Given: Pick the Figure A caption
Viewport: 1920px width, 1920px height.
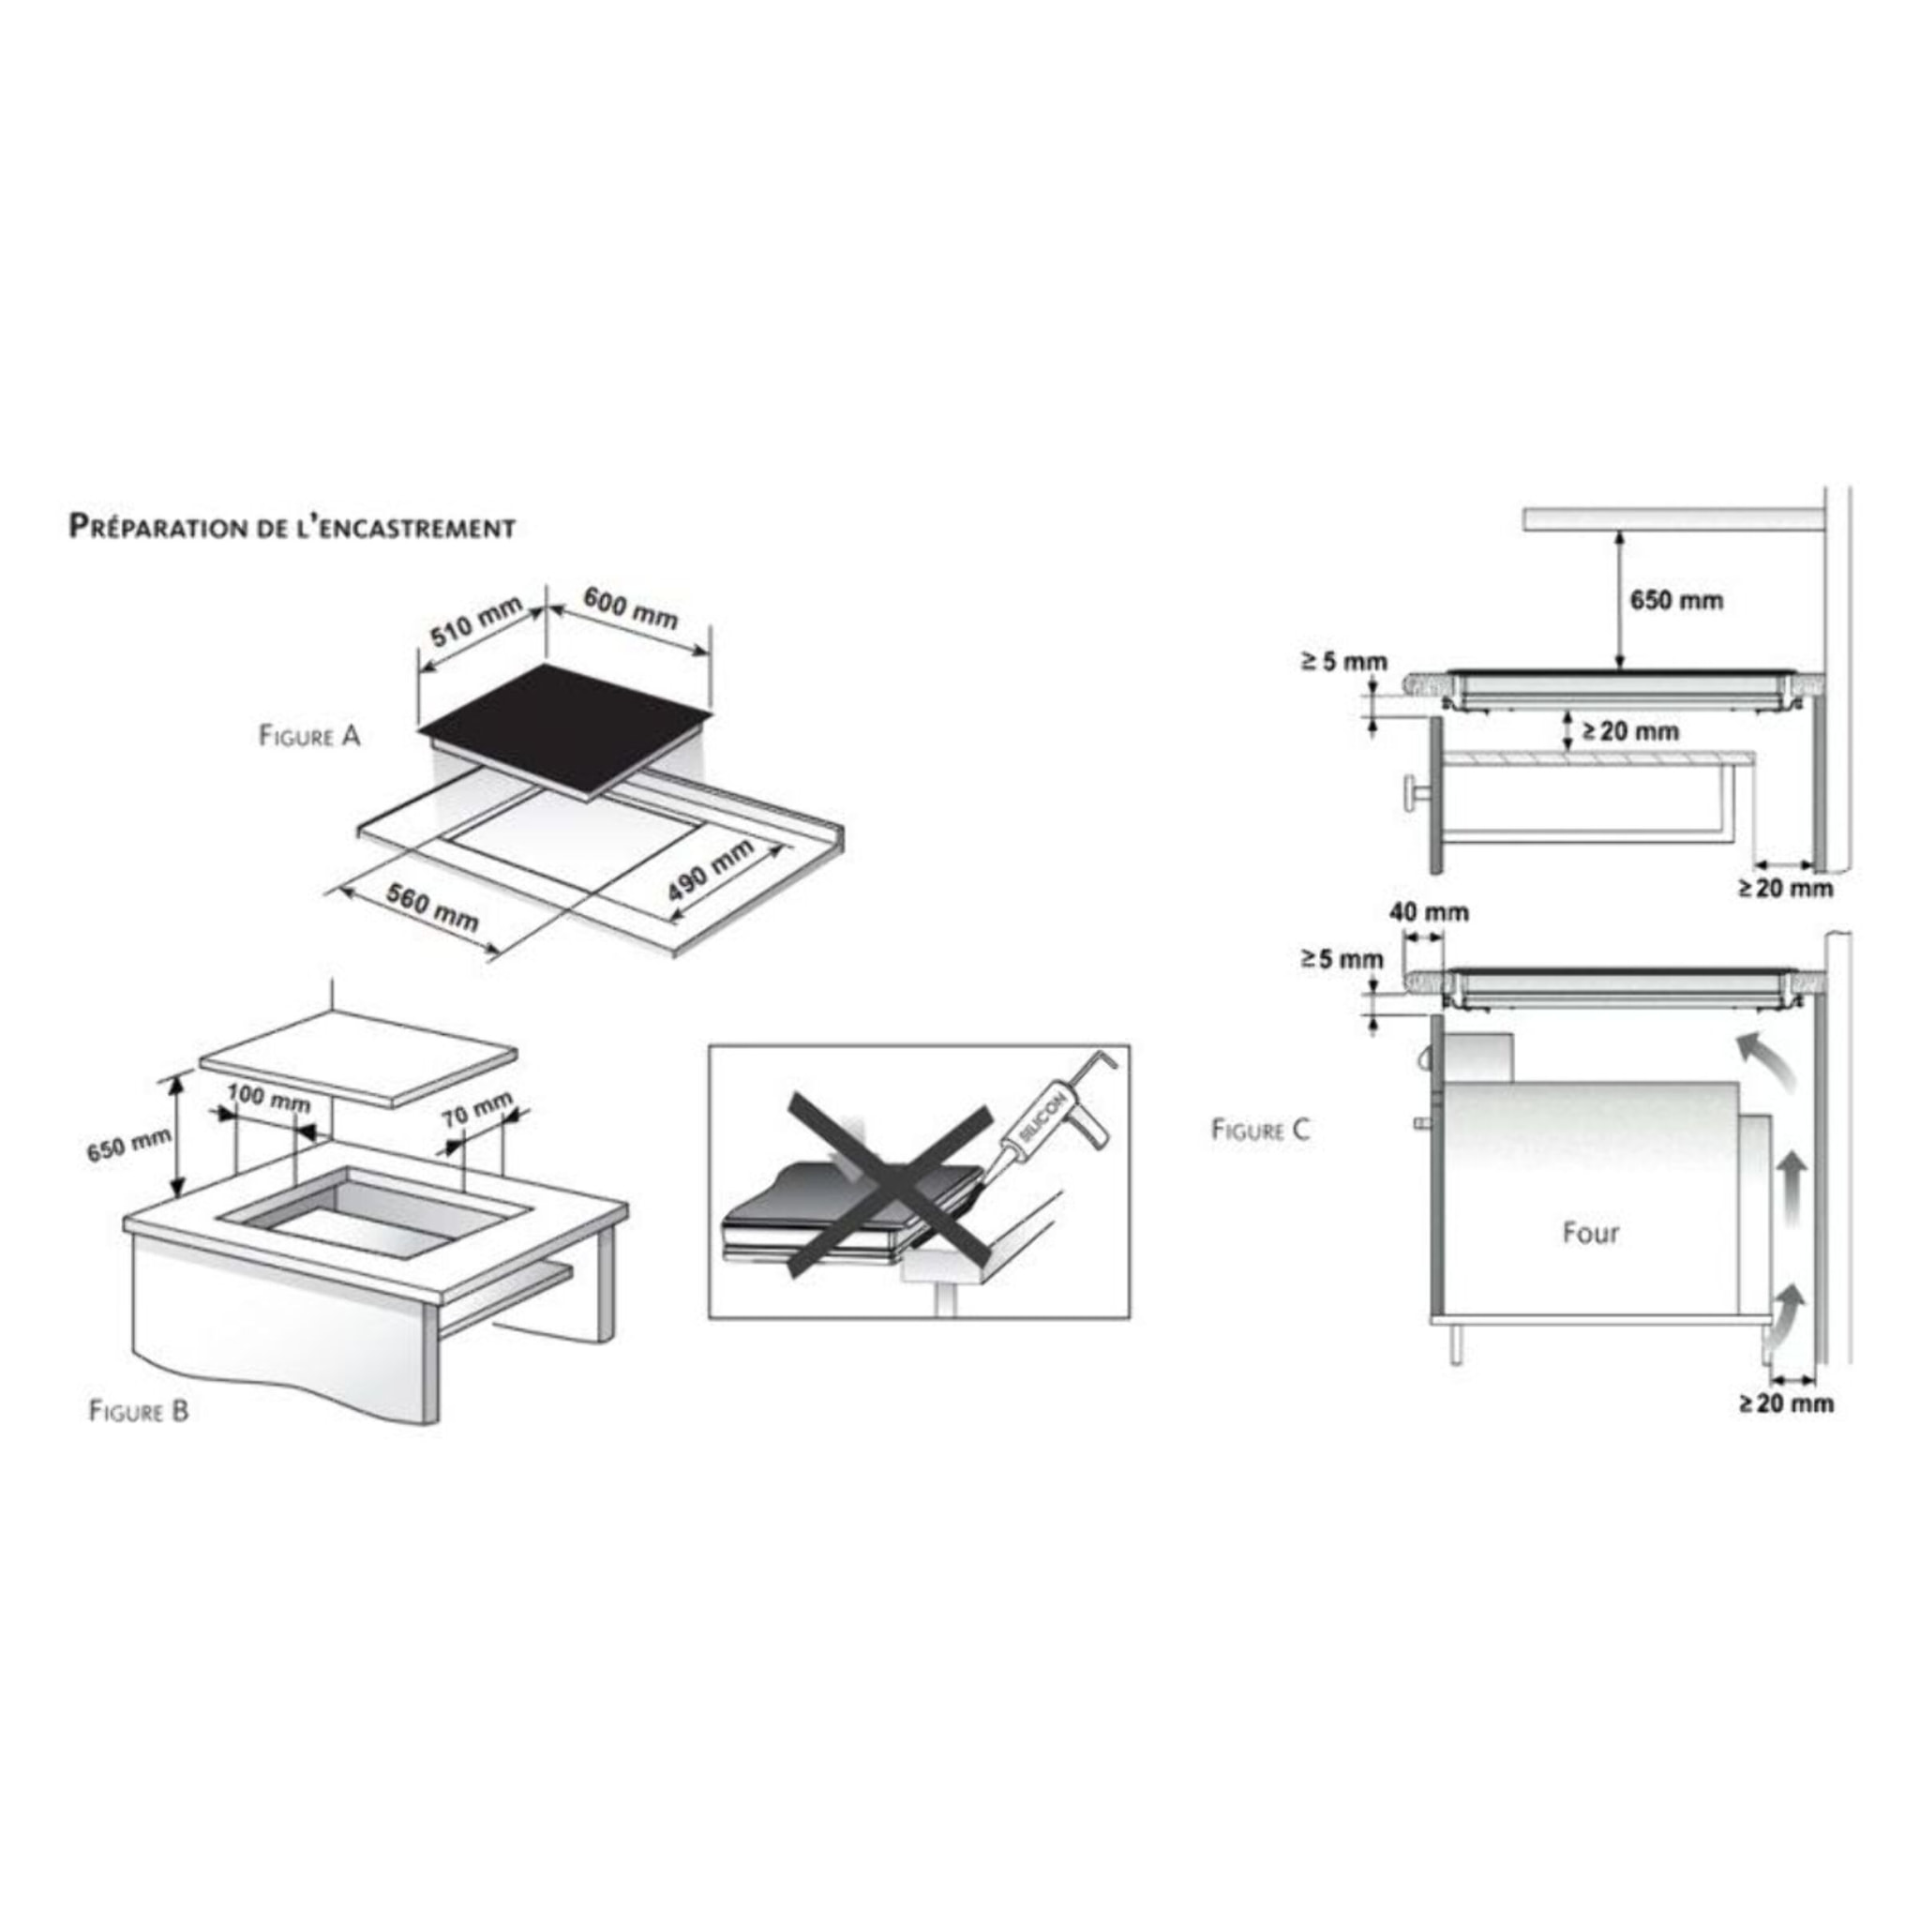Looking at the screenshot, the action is coord(309,736).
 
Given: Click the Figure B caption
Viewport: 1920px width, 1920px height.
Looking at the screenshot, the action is coord(139,1410).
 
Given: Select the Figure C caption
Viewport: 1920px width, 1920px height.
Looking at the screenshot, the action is coord(1261,1129).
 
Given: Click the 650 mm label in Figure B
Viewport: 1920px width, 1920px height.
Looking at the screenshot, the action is coord(128,1146).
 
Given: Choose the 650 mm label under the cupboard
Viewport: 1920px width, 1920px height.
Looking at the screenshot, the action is coord(1676,600).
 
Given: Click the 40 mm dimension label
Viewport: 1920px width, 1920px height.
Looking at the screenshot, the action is coord(1429,911).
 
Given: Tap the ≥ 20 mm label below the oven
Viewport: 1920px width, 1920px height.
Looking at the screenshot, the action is coord(1786,1403).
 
